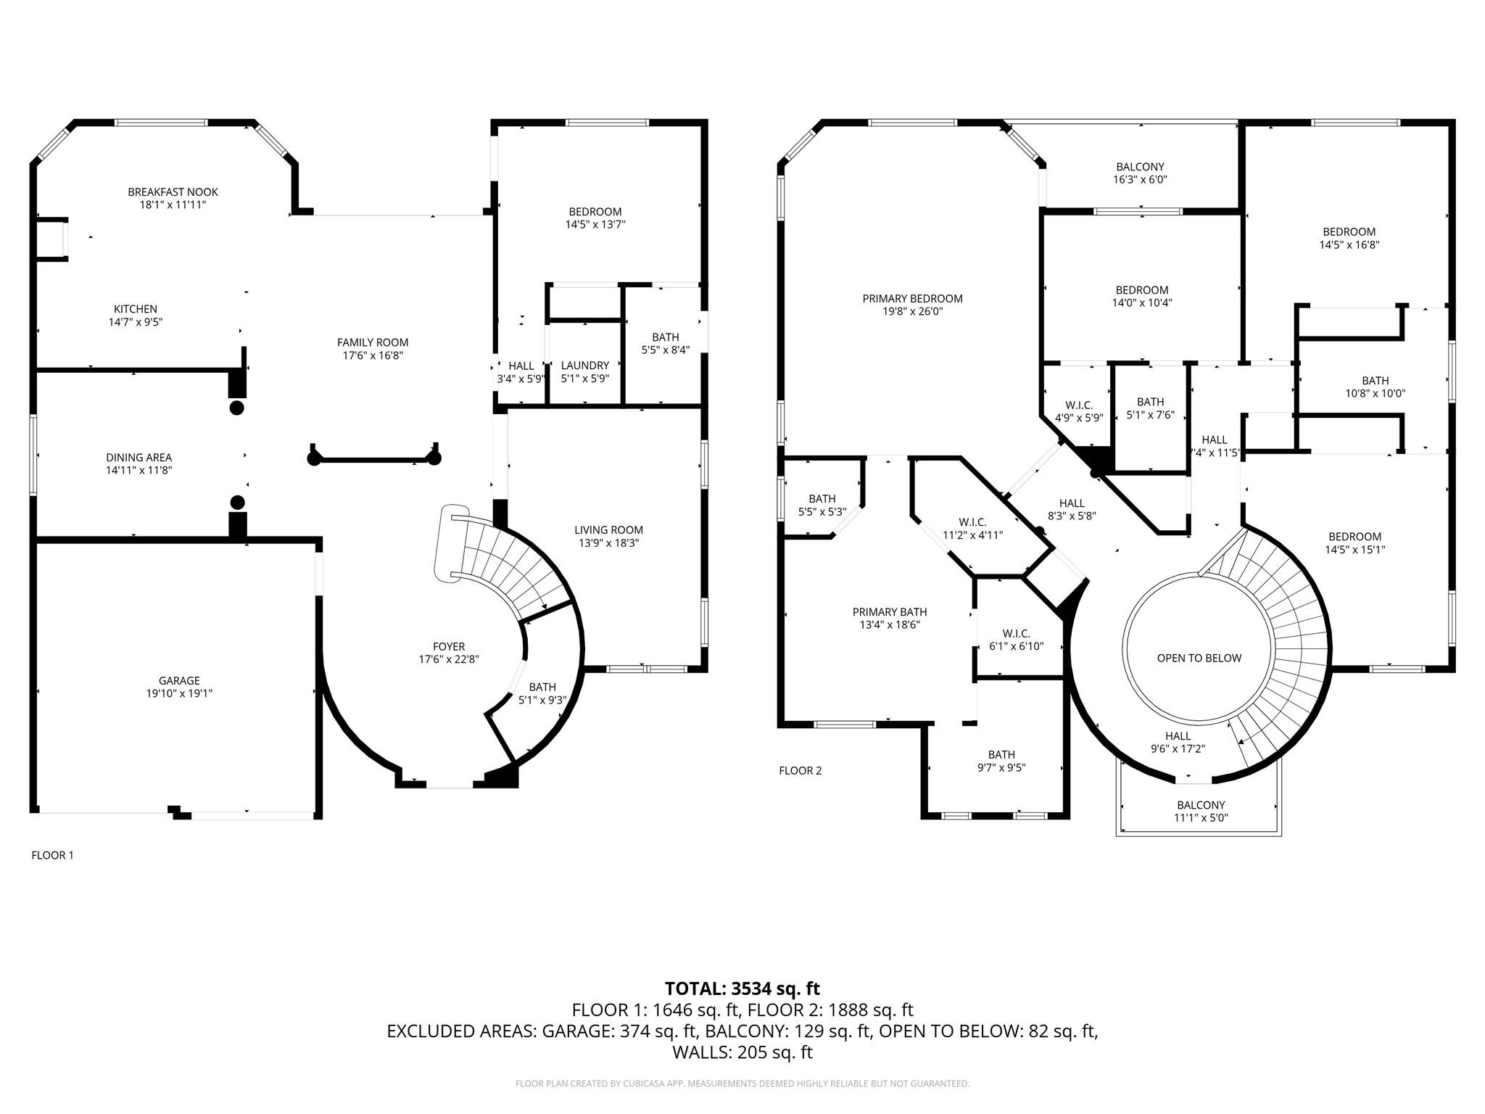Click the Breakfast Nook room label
(x=173, y=192)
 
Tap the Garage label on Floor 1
(x=179, y=680)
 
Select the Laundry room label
(x=585, y=366)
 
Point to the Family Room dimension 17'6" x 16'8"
(x=373, y=355)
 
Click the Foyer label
(x=449, y=646)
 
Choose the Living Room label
(x=608, y=530)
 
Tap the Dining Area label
(x=139, y=458)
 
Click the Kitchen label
(x=136, y=309)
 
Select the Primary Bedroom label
(x=912, y=298)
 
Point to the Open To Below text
(x=1199, y=658)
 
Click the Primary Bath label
(x=890, y=611)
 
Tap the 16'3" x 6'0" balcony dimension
(x=1140, y=180)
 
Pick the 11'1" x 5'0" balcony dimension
(x=1201, y=818)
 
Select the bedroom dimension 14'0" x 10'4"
(x=1142, y=303)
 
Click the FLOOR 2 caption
(x=801, y=770)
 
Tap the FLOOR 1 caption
(x=52, y=855)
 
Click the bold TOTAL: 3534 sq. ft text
(x=742, y=989)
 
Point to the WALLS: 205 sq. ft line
(x=742, y=1052)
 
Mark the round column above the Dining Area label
(x=236, y=408)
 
